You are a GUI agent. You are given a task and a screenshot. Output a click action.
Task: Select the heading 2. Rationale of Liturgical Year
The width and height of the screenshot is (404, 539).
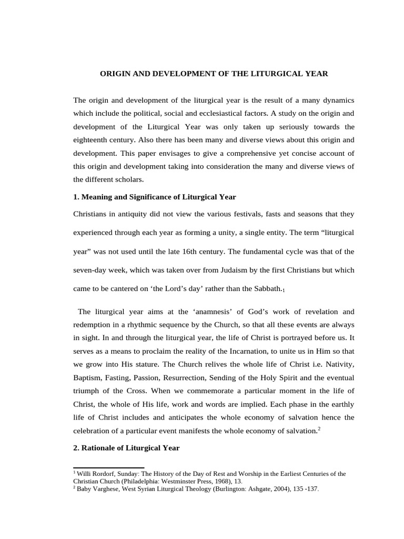click(x=126, y=448)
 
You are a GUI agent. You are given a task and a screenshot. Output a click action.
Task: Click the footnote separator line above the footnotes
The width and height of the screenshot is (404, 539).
click(x=108, y=467)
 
